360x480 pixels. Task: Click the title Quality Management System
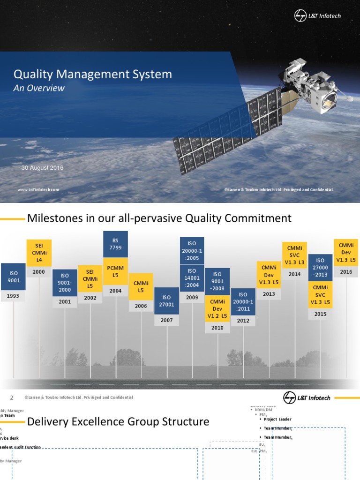(92, 74)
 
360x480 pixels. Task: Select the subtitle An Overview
(39, 88)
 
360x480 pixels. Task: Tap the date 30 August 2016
(43, 168)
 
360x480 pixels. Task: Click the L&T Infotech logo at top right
(317, 16)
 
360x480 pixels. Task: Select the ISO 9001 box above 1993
(14, 277)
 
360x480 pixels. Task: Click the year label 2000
(39, 271)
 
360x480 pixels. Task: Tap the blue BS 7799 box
(115, 244)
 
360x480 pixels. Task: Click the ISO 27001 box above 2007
(166, 300)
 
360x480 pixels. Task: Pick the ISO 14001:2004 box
(192, 277)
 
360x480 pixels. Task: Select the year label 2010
(217, 328)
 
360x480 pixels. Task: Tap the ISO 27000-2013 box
(320, 267)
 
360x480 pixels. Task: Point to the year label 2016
(346, 271)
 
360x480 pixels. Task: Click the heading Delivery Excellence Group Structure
(118, 421)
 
